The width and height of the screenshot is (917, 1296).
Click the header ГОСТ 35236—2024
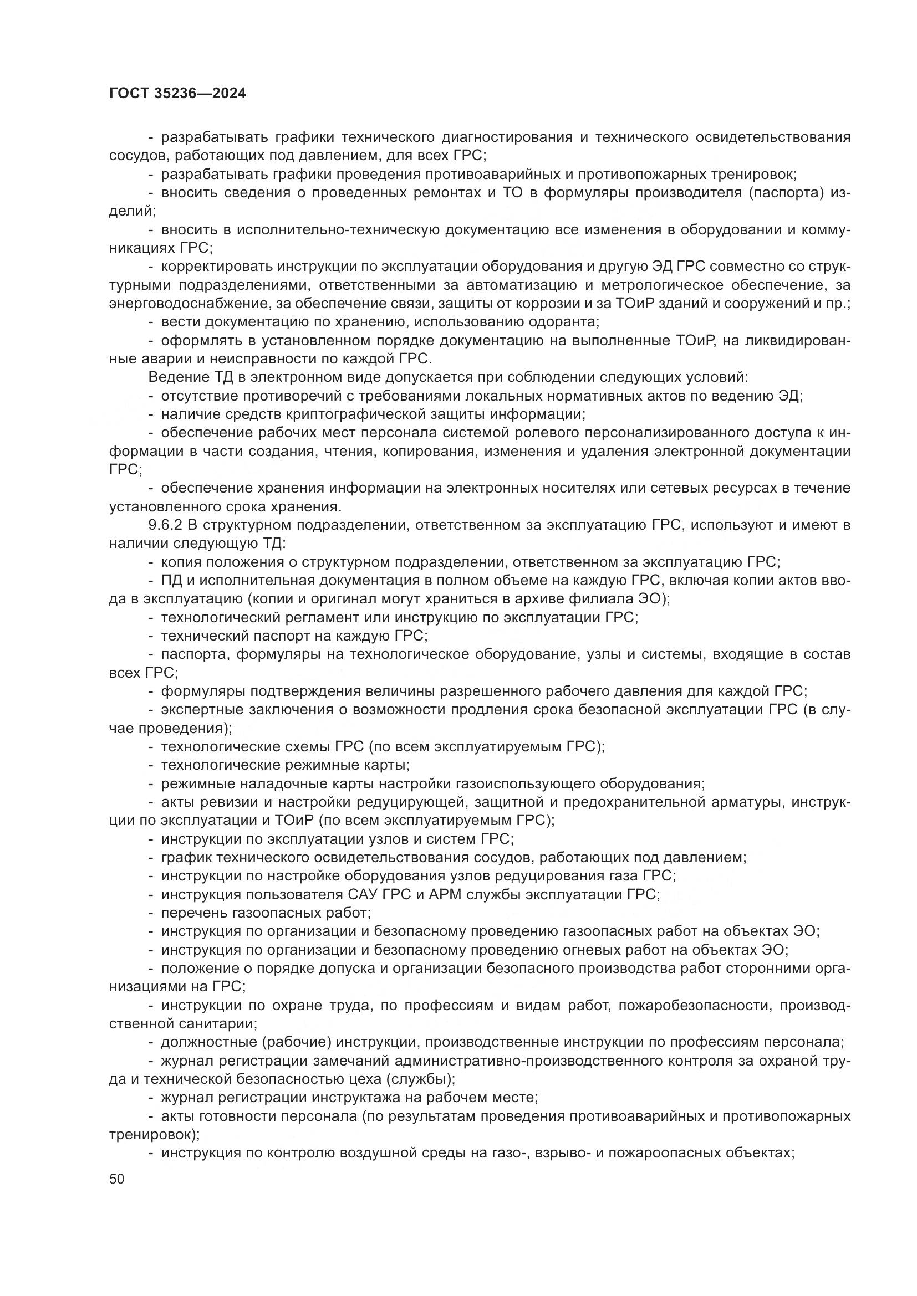click(x=177, y=94)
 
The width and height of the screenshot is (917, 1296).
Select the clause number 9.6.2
click(x=165, y=525)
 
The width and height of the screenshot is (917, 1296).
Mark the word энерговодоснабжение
click(x=189, y=304)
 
